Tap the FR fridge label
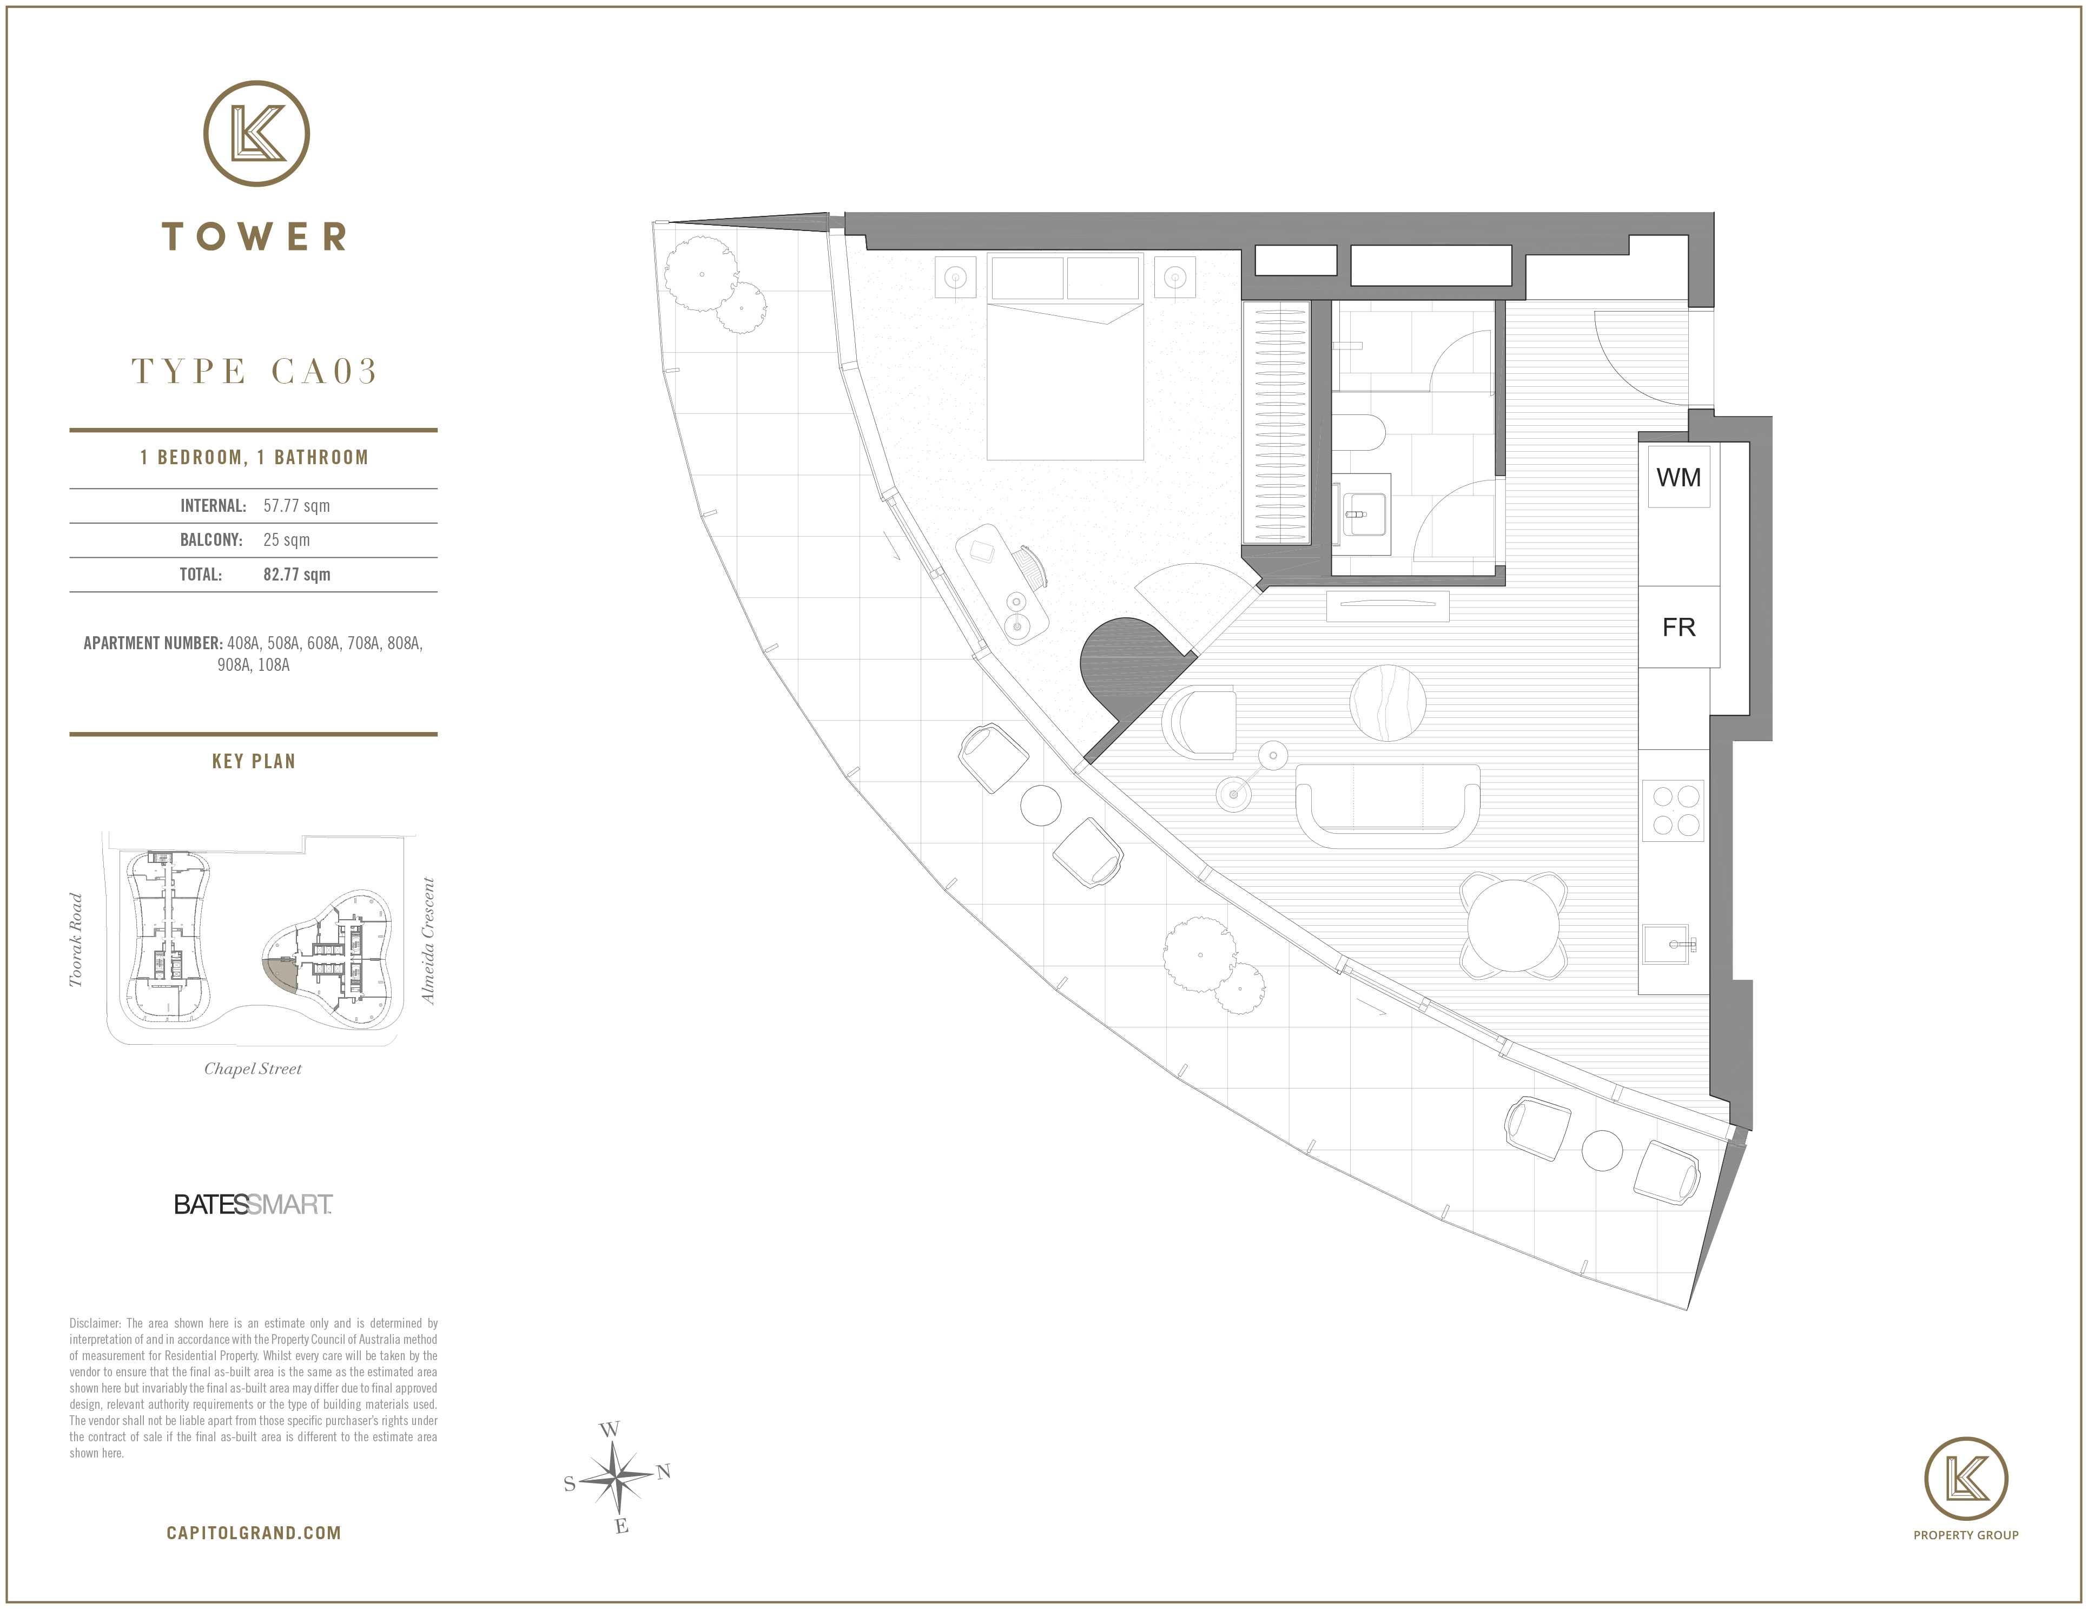tap(1679, 627)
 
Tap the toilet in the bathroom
tap(1358, 433)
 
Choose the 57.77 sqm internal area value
tap(296, 506)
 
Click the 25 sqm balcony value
tap(287, 540)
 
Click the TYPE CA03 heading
tap(254, 371)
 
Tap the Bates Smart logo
tap(253, 1205)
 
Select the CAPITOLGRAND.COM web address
tap(253, 1533)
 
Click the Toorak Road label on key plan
tap(76, 940)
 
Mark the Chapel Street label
tap(253, 1069)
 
